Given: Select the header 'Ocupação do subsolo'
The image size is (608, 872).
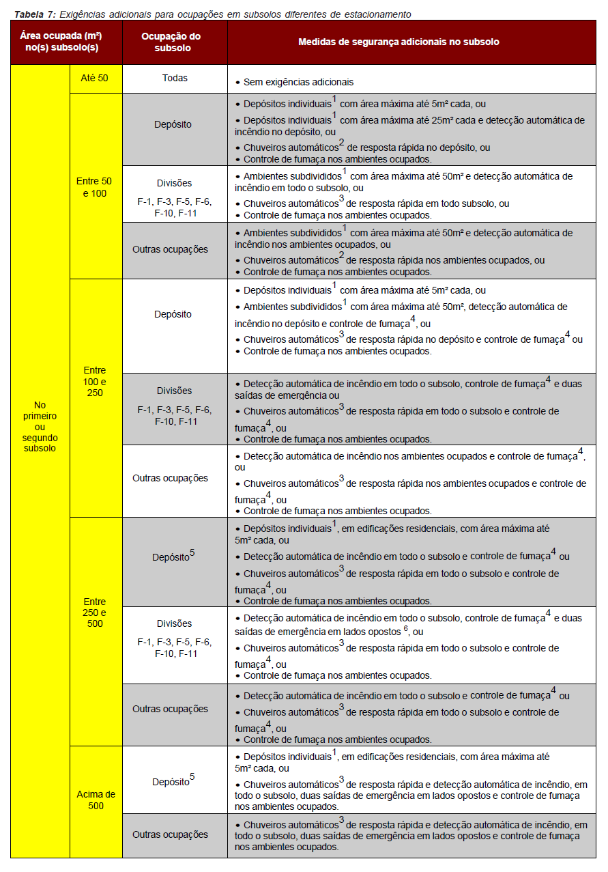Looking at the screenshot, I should point(175,42).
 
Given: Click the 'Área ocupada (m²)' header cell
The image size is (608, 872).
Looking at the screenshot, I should point(66,42).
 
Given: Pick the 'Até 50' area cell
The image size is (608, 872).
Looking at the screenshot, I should point(94,79).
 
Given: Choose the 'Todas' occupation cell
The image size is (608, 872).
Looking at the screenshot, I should point(175,79).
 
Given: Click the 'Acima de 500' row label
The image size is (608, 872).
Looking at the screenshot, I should point(96,800).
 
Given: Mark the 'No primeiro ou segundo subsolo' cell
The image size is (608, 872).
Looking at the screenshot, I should point(40,427).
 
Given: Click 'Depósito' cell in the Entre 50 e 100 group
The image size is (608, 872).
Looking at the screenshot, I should point(173,124).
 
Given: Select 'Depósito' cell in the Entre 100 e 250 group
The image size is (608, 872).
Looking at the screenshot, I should point(173,314).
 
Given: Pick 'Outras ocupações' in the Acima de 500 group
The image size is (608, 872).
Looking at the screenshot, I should point(170,834).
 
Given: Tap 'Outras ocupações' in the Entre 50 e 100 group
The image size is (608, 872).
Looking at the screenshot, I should point(170,249).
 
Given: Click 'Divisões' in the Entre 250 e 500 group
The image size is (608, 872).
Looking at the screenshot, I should point(174,623).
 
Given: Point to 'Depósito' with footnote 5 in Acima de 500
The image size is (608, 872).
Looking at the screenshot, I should point(173,781).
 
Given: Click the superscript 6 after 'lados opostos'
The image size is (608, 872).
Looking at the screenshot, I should point(405,628).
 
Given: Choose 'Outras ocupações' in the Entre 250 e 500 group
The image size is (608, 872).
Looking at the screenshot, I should point(170,709).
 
